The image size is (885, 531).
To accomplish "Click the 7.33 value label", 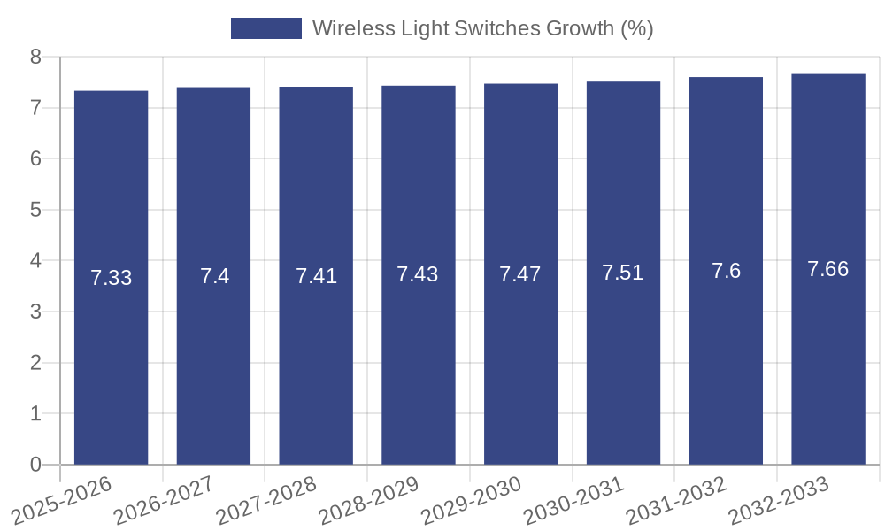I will click(x=111, y=278).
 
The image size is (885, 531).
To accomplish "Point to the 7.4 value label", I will click(x=214, y=276).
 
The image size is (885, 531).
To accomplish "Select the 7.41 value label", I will click(x=316, y=276).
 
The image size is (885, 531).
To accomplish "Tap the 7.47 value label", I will click(x=520, y=274).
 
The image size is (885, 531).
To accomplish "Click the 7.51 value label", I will click(x=623, y=273).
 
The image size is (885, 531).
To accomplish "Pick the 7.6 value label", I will click(x=726, y=271).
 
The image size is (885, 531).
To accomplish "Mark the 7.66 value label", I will click(x=827, y=269).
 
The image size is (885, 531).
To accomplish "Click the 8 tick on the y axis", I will click(x=35, y=57).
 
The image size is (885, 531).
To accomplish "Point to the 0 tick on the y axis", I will click(x=35, y=465).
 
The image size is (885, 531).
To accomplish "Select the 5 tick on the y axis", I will click(x=35, y=210).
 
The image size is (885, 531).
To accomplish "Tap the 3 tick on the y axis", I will click(x=35, y=312).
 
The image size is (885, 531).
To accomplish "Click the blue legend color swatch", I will click(x=265, y=28).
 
